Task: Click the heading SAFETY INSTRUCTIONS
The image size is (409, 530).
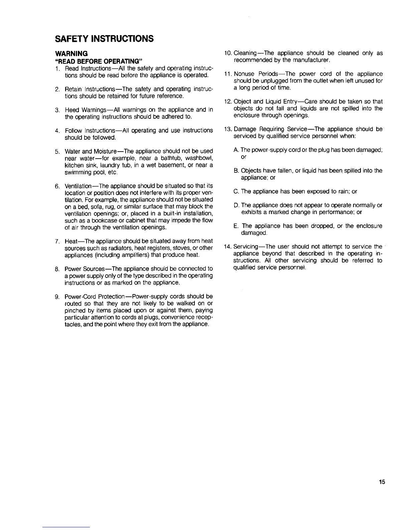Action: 104,39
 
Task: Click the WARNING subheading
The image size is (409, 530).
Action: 71,54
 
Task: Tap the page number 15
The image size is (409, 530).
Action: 382,482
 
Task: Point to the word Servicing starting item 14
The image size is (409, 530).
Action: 246,247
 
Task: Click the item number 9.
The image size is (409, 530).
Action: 57,297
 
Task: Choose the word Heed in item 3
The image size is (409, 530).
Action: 72,110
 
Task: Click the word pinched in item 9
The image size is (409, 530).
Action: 73,311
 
